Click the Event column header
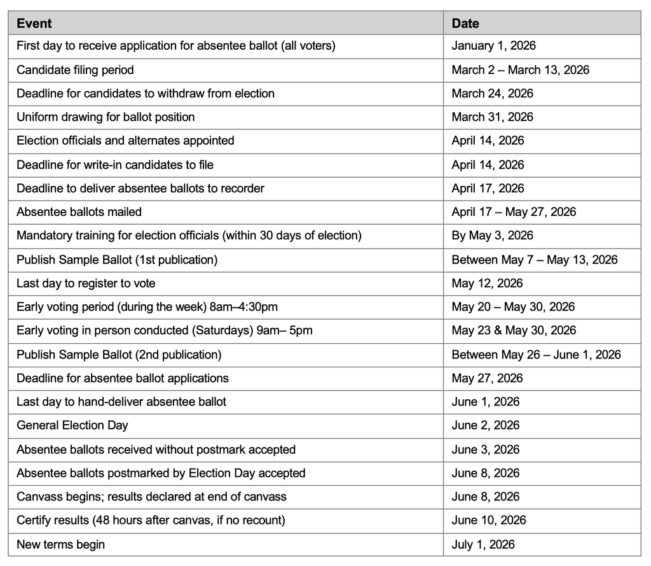[x=34, y=24]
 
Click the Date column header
[x=465, y=24]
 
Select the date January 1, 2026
[x=493, y=46]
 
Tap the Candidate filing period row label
[x=75, y=70]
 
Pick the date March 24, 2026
[x=492, y=94]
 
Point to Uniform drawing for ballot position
[x=106, y=117]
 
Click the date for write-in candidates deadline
[x=488, y=165]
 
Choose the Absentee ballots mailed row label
[x=79, y=212]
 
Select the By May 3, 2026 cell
[x=492, y=236]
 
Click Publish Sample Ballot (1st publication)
[x=117, y=260]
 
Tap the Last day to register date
[x=486, y=283]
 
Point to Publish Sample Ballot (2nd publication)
[x=119, y=355]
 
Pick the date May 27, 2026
[x=486, y=378]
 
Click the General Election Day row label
[x=72, y=425]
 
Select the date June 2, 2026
[x=485, y=425]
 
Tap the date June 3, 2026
[x=485, y=449]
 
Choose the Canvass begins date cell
[x=485, y=497]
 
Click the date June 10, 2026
[x=488, y=520]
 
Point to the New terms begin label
[x=60, y=544]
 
